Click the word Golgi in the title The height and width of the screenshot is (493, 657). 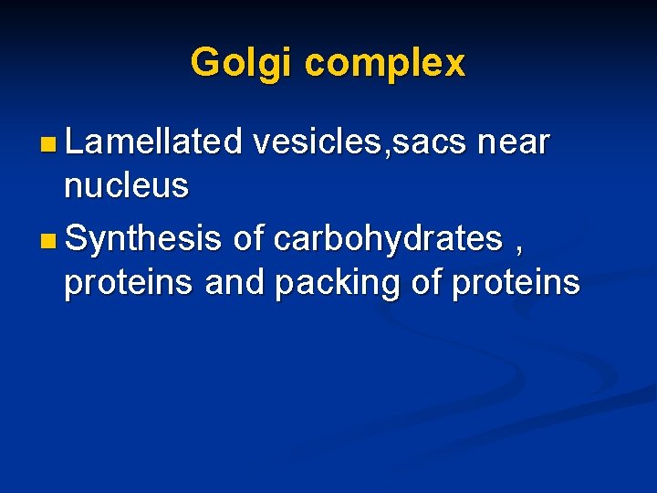tap(242, 63)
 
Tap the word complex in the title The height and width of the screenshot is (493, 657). tap(384, 63)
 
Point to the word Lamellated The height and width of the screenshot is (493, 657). tap(153, 142)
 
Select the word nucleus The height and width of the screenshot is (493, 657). tap(126, 187)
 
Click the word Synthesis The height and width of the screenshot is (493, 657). tap(144, 238)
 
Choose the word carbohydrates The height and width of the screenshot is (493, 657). tap(389, 238)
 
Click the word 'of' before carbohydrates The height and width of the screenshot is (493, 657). tap(249, 238)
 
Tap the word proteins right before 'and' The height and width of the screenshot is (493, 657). tap(129, 284)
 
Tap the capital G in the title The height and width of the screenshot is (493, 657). tap(205, 62)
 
